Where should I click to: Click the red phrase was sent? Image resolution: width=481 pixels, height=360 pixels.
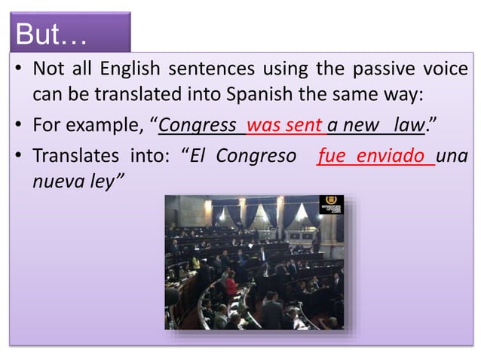(284, 125)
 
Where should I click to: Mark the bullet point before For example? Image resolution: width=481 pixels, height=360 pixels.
(17, 125)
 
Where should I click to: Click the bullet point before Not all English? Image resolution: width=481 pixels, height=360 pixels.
(17, 71)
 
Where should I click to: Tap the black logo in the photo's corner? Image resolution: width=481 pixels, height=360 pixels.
(330, 204)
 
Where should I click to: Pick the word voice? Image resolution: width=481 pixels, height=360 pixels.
(447, 71)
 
